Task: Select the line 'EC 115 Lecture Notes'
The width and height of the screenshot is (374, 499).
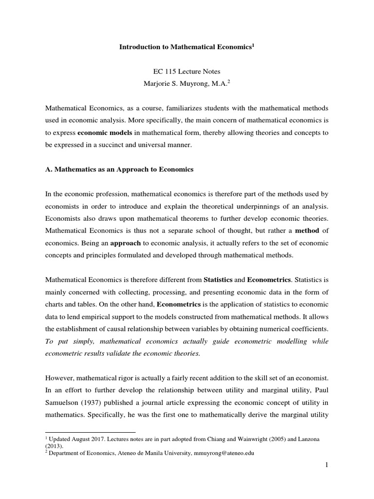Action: (187, 71)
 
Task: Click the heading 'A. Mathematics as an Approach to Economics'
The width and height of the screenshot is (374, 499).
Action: (119, 170)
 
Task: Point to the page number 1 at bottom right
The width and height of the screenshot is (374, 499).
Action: (327, 466)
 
